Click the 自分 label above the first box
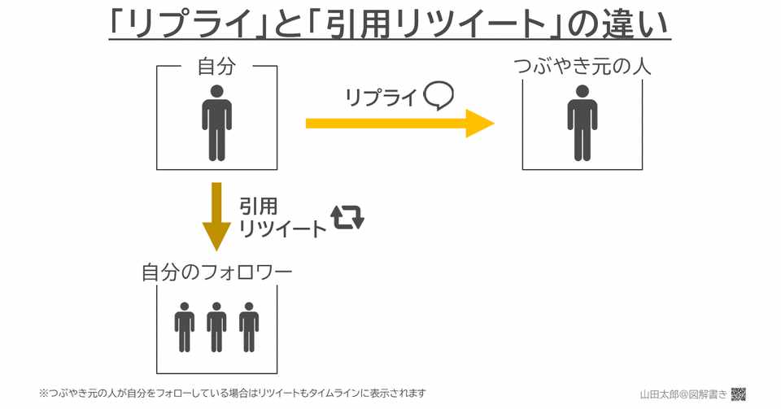pos(216,66)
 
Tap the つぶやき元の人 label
pos(582,66)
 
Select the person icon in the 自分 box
pos(216,123)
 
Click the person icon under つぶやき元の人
pos(582,123)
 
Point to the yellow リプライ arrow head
pos(479,124)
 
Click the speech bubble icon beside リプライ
pos(438,96)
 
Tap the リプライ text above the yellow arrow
pos(381,98)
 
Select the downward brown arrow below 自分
pos(216,216)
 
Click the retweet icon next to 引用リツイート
pos(347,217)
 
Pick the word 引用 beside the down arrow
pos(258,207)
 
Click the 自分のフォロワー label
pos(216,272)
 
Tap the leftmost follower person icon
pos(185,327)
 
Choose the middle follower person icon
pos(216,327)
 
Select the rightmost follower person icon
pos(249,327)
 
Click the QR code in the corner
pos(739,394)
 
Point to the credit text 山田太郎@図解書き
pos(683,394)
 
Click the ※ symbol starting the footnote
pos(44,393)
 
